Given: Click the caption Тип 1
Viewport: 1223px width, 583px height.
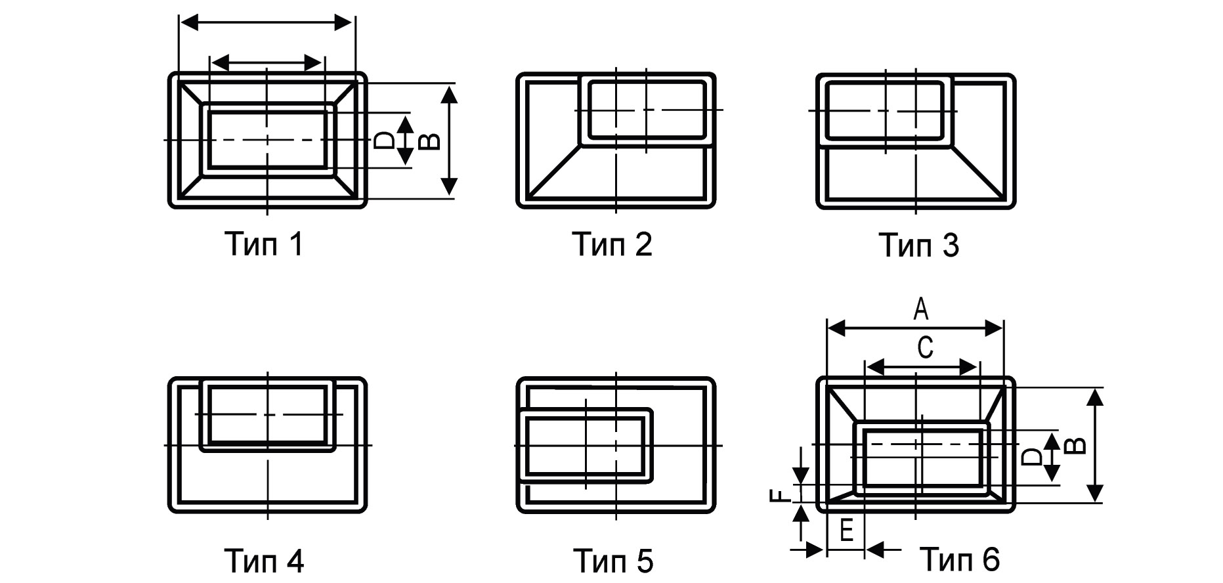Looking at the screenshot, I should pyautogui.click(x=265, y=244).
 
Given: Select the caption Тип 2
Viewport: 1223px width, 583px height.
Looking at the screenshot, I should pyautogui.click(x=612, y=244).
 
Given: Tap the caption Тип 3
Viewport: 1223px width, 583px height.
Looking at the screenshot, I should pyautogui.click(x=918, y=245).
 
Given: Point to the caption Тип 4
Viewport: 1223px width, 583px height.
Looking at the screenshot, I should pyautogui.click(x=265, y=560).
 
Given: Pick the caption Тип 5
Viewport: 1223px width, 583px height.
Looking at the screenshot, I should pyautogui.click(x=613, y=560).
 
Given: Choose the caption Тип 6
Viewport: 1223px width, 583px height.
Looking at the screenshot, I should pyautogui.click(x=960, y=559).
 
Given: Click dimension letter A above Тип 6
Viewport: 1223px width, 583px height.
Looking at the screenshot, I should pyautogui.click(x=921, y=309).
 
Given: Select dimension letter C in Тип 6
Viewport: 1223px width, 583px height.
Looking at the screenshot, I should pyautogui.click(x=924, y=347).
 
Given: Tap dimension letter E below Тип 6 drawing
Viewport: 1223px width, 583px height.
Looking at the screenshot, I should pyautogui.click(x=846, y=530).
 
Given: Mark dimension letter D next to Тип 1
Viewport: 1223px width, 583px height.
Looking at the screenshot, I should pyautogui.click(x=384, y=140).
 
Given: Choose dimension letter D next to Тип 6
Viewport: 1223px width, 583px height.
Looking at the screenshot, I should pyautogui.click(x=1033, y=456).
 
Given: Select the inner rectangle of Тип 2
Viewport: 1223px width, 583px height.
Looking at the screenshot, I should pyautogui.click(x=647, y=110).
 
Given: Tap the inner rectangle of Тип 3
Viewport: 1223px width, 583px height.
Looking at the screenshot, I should pyautogui.click(x=886, y=110).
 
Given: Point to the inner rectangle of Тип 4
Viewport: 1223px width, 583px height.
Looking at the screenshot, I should pyautogui.click(x=268, y=414).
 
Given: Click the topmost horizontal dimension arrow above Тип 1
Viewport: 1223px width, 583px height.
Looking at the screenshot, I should pyautogui.click(x=267, y=23).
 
